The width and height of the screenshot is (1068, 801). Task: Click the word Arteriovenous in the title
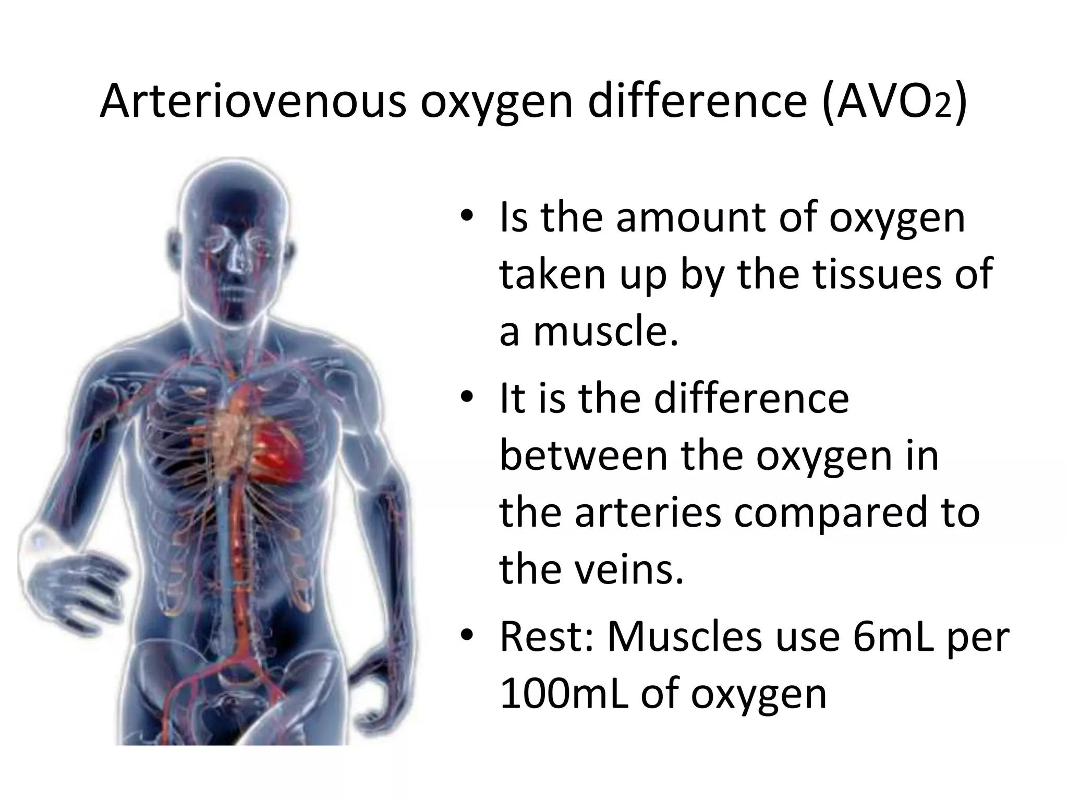pos(252,101)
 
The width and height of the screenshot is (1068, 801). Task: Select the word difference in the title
pos(698,101)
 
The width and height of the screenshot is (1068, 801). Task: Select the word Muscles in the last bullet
pos(684,637)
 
